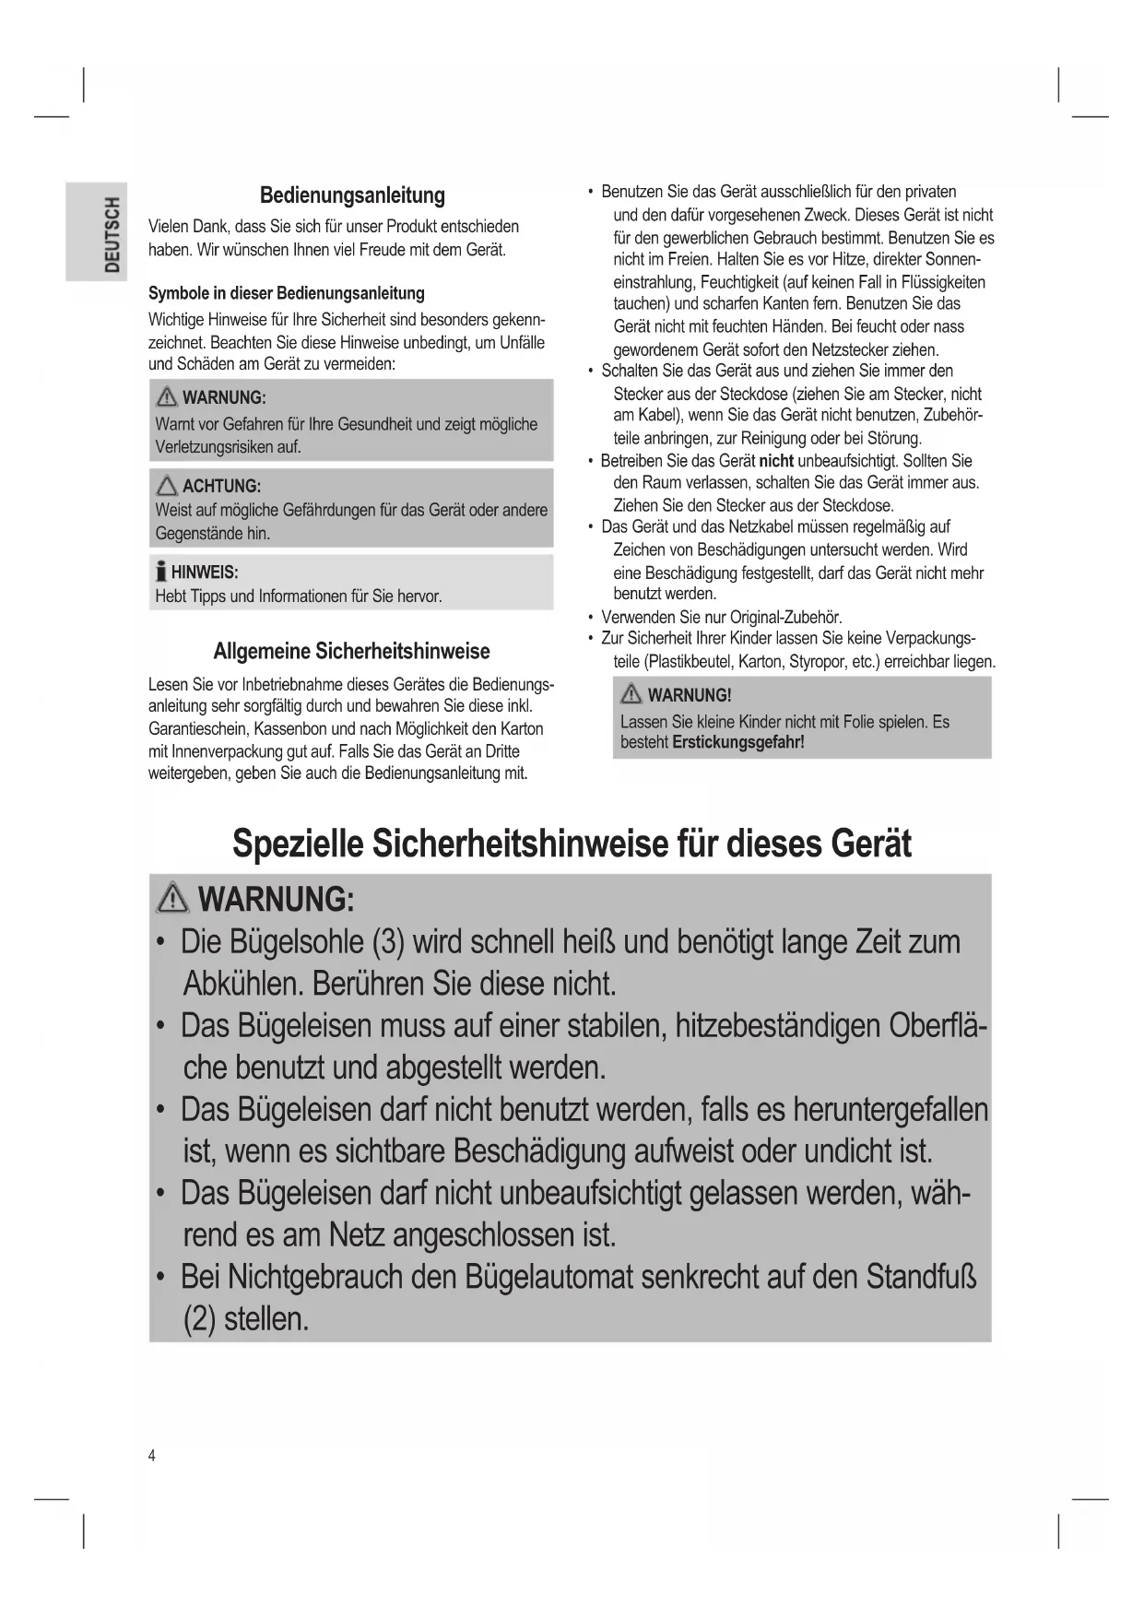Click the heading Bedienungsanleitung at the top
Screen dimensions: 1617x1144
(x=352, y=195)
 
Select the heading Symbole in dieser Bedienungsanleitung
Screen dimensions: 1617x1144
(x=286, y=294)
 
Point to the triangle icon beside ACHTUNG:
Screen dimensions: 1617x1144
(x=167, y=486)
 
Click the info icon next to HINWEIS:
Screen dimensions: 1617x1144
(x=161, y=572)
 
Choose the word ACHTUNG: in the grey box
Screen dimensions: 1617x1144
(x=221, y=487)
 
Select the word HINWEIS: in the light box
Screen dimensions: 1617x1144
(x=205, y=572)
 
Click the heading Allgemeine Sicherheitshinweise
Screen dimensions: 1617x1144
(x=351, y=652)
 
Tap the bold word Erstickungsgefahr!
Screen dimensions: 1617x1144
(x=738, y=743)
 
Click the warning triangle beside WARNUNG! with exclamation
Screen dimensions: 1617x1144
(x=631, y=694)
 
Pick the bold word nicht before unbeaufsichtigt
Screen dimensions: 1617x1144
(x=775, y=461)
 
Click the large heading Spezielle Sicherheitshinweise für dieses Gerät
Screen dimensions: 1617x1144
(x=572, y=844)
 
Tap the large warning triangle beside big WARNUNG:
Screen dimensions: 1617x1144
(x=173, y=898)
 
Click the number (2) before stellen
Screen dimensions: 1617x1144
(x=199, y=1319)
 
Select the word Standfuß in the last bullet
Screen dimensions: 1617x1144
(x=921, y=1278)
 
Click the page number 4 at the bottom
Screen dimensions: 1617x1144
(x=152, y=1457)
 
